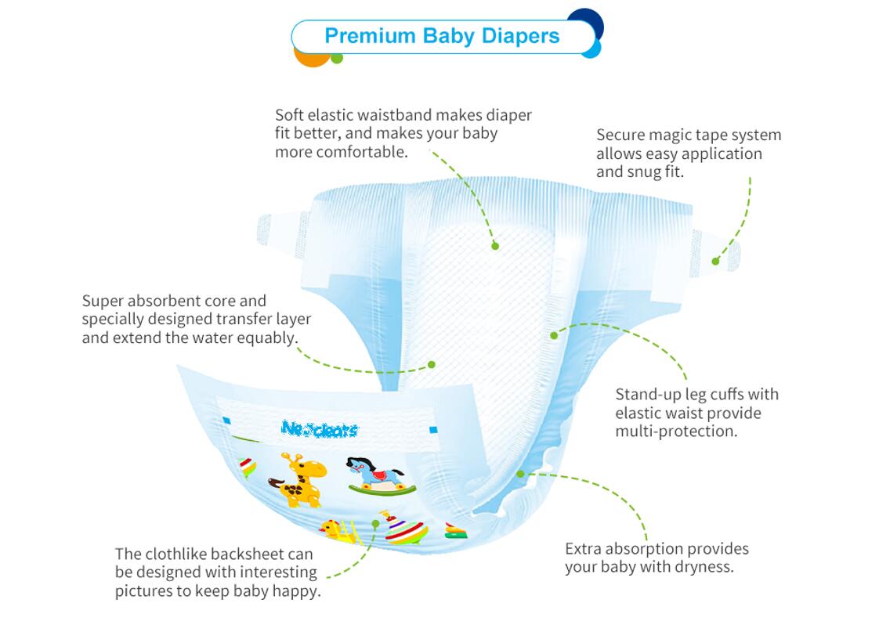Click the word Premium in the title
(x=370, y=36)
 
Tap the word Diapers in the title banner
(x=520, y=37)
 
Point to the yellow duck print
(x=336, y=530)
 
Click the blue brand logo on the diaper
(x=320, y=429)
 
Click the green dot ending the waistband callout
(x=495, y=245)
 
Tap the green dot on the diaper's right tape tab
(x=715, y=261)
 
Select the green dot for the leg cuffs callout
(x=554, y=335)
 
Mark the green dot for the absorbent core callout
(x=431, y=364)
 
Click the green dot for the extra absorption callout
(x=520, y=474)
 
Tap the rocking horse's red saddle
(x=379, y=475)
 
